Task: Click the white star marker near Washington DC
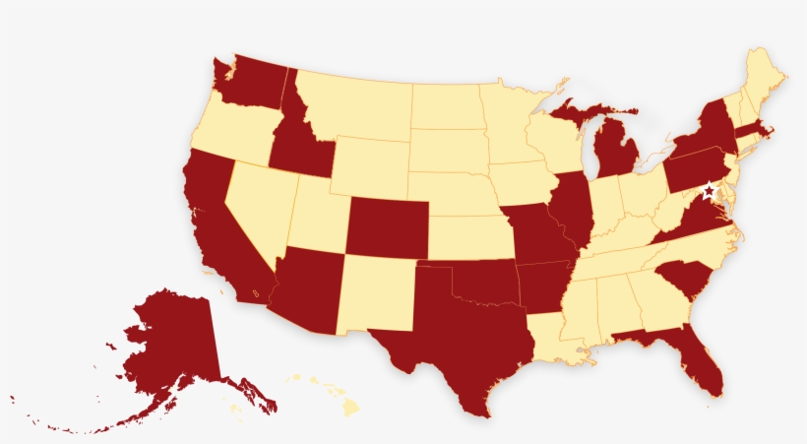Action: (709, 191)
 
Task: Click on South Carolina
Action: (683, 281)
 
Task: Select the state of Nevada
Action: (258, 202)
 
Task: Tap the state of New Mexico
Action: (377, 294)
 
